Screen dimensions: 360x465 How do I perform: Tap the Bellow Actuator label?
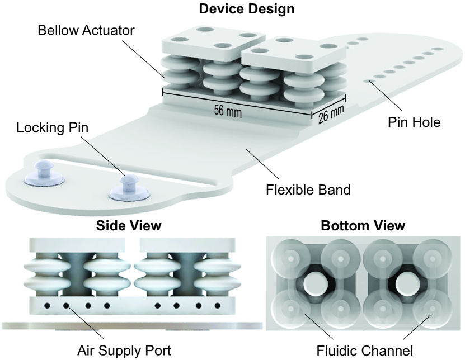[86, 30]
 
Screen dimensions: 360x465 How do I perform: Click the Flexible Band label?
[308, 189]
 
